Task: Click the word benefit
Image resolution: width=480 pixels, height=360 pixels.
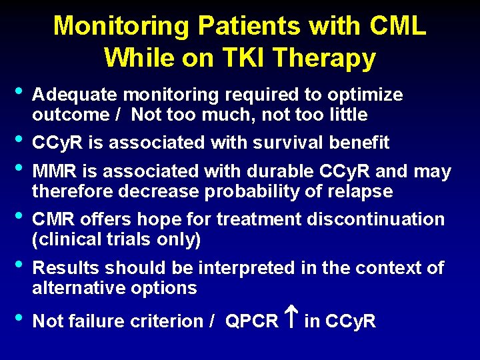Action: (361, 142)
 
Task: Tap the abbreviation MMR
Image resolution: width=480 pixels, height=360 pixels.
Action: (55, 171)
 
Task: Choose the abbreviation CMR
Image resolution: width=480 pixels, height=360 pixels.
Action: (55, 219)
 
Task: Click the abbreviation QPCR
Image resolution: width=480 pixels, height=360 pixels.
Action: (251, 321)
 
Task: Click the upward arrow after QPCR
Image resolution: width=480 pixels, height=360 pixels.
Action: (291, 320)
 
